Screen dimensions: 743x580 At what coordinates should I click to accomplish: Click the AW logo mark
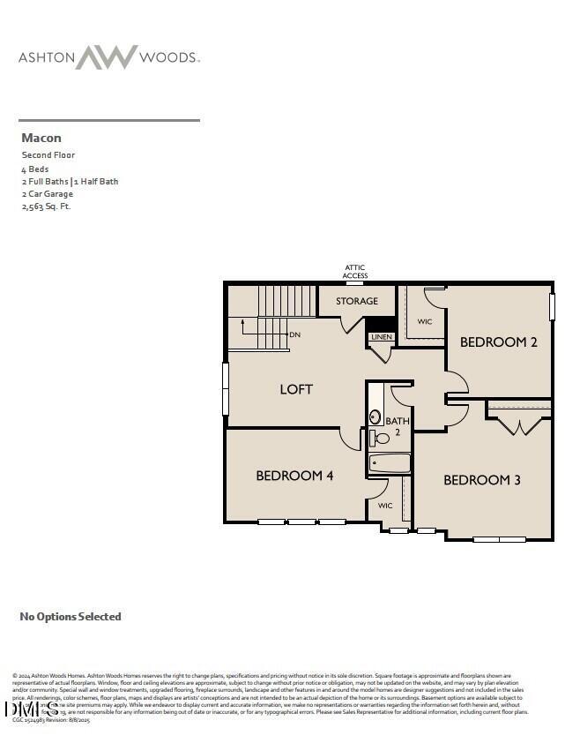[x=107, y=57]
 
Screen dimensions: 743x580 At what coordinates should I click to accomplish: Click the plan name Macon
[x=41, y=138]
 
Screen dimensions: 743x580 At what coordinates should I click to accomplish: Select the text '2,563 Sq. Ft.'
[x=46, y=206]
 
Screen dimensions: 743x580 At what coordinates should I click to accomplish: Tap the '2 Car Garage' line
[x=48, y=194]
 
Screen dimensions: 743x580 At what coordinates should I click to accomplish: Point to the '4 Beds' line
[x=35, y=169]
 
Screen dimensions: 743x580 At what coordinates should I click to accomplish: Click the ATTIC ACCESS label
[x=355, y=272]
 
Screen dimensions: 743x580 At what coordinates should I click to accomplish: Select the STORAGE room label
[x=356, y=302]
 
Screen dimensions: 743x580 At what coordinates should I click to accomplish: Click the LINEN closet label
[x=381, y=337]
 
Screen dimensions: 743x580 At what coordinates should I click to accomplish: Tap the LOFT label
[x=296, y=389]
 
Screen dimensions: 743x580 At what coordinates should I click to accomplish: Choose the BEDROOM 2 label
[x=498, y=342]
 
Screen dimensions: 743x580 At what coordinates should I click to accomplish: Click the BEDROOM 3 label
[x=481, y=480]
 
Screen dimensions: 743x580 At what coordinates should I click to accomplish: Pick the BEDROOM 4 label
[x=294, y=476]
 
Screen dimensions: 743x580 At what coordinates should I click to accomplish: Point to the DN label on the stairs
[x=294, y=335]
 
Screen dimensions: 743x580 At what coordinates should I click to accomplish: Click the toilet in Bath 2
[x=382, y=439]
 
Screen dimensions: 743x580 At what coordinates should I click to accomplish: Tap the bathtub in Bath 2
[x=389, y=463]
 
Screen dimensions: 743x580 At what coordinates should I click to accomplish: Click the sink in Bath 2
[x=376, y=417]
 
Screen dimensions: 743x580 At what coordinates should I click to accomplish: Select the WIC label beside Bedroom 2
[x=424, y=322]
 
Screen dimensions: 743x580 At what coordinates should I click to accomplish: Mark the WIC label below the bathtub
[x=385, y=507]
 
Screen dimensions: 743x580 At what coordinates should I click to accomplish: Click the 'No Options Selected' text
[x=71, y=617]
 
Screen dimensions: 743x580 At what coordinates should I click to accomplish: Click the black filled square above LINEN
[x=380, y=323]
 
